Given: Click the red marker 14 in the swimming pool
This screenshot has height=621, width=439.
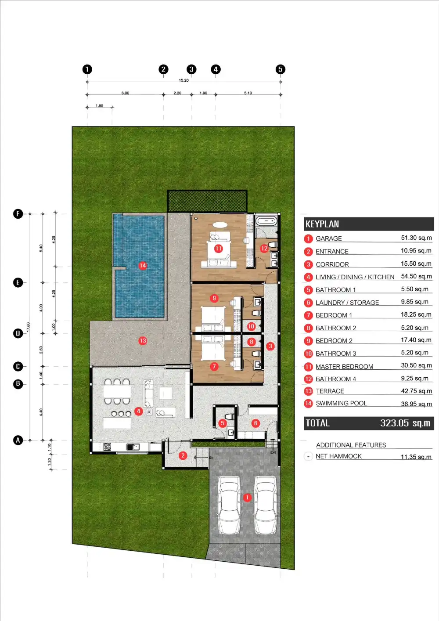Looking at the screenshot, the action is [x=143, y=266].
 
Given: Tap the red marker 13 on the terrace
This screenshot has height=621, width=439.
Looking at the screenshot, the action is [x=143, y=341].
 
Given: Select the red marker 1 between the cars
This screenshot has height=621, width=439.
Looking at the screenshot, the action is [x=247, y=498].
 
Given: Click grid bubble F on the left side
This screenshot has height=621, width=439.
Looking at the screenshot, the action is [x=18, y=214].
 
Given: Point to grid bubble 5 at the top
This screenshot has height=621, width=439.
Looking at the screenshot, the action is [x=281, y=69].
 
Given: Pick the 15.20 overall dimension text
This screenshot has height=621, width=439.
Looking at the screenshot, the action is [x=184, y=80].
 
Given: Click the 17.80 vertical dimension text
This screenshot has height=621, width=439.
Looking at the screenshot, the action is [x=28, y=327].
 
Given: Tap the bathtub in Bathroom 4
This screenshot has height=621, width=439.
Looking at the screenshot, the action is [x=266, y=221].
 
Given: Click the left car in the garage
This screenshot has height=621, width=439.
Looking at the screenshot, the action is [x=229, y=505].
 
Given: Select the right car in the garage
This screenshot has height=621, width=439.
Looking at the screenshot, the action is [x=266, y=505].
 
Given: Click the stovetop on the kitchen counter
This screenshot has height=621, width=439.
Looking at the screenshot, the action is [x=107, y=447].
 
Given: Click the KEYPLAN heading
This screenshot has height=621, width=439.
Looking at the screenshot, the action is [x=322, y=224].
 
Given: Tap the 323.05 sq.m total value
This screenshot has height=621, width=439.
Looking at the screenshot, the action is [x=405, y=423].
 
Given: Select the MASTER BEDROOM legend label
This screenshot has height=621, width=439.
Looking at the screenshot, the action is [x=345, y=367].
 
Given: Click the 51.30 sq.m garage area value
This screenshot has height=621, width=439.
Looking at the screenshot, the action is [x=416, y=238].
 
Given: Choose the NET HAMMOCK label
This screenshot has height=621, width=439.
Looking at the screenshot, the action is [x=338, y=456].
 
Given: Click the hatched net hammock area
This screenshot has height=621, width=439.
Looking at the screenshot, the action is [x=207, y=201].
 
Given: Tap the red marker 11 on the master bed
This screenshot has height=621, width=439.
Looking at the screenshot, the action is [x=218, y=249].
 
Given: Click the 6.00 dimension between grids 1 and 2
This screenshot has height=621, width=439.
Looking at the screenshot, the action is [x=125, y=93].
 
